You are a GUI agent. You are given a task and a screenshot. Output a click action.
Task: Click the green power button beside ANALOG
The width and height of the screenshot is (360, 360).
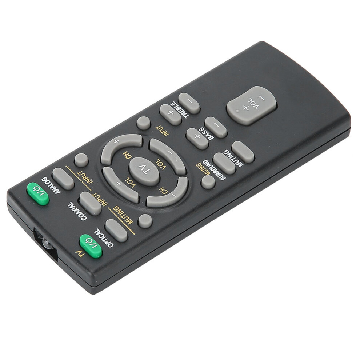coord(38,194)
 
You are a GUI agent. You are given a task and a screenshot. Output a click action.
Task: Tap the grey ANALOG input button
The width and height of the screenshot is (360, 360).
coord(63,179)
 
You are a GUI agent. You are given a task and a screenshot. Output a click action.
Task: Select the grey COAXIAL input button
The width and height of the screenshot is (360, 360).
coord(91,204)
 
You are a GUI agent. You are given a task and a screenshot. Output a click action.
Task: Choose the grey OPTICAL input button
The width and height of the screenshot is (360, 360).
coord(116,231)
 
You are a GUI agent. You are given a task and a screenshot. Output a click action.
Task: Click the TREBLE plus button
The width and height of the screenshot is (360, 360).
coord(170,115)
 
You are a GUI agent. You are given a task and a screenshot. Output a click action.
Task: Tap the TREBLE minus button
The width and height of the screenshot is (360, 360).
coord(189,103)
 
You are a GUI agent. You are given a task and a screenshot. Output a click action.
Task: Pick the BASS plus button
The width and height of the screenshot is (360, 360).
coord(197,139)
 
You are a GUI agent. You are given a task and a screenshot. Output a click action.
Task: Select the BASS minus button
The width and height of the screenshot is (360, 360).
coord(216,127)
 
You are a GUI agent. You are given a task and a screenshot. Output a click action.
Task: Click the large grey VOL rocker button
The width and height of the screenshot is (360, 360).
coord(251,105)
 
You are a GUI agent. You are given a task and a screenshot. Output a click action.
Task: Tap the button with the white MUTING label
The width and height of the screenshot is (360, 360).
coord(243,152)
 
